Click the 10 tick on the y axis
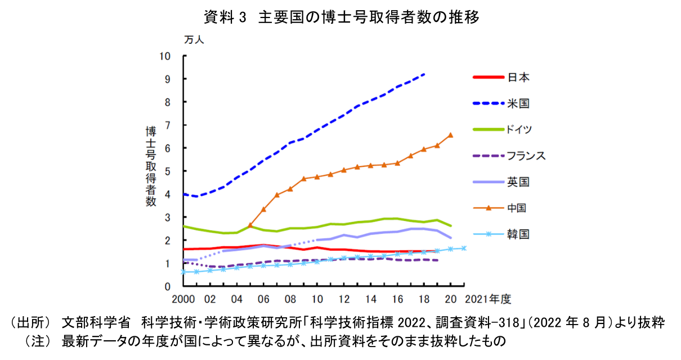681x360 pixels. click(164, 56)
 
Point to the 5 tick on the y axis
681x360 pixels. click(167, 171)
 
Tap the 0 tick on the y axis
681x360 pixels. click(167, 286)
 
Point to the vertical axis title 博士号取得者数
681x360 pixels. click(151, 167)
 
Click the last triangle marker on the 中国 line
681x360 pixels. click(450, 135)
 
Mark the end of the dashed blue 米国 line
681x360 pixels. click(424, 74)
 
